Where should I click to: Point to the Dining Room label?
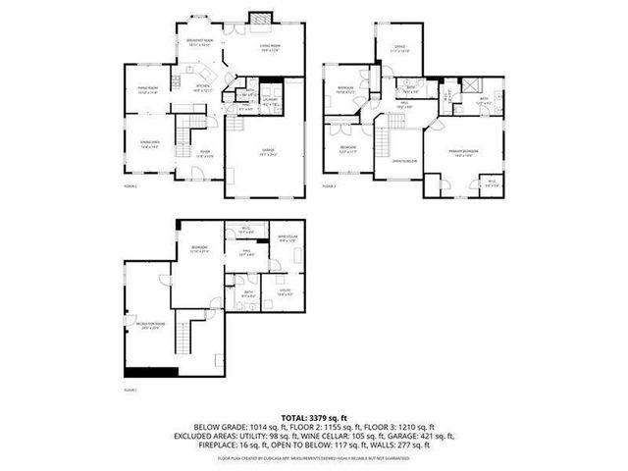point(148,90)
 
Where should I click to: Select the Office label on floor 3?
point(400,48)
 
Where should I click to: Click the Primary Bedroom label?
point(462,152)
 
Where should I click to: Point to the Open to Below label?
point(404,160)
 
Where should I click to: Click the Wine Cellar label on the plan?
point(288,238)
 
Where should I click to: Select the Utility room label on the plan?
point(286,291)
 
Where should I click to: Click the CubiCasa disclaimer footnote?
point(314,457)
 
